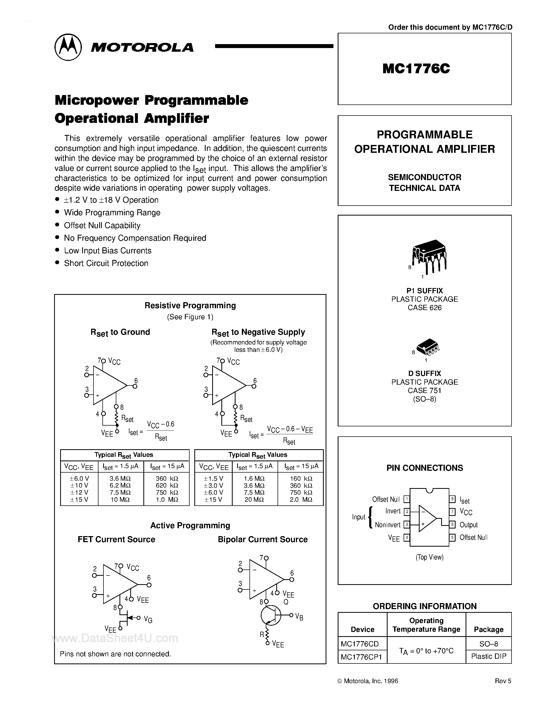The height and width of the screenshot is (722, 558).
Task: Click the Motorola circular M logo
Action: pos(68,47)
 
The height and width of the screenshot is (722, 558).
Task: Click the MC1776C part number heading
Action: pos(416,69)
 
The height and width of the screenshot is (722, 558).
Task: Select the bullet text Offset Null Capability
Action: pos(102,226)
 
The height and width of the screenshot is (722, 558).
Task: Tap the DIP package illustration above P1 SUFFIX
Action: pos(429,256)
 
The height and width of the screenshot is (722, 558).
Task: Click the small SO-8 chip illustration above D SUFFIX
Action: pos(428,347)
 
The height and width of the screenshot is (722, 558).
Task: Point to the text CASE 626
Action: pos(424,308)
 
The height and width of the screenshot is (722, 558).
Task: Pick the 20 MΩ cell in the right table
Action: pos(254,500)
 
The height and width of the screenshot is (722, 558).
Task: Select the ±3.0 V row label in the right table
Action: pos(213,485)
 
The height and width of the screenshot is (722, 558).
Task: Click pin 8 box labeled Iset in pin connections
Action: pos(452,499)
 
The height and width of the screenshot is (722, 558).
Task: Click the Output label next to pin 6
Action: pos(468,525)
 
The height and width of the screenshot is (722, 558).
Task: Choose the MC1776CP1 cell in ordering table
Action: pos(361,657)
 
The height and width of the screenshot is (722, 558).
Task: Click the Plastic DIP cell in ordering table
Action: pos(488,657)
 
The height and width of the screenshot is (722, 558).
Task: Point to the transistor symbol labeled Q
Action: pos(270,615)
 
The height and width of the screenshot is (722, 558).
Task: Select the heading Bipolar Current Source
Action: pos(263,540)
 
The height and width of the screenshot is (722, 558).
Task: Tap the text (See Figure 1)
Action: pos(190,317)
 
